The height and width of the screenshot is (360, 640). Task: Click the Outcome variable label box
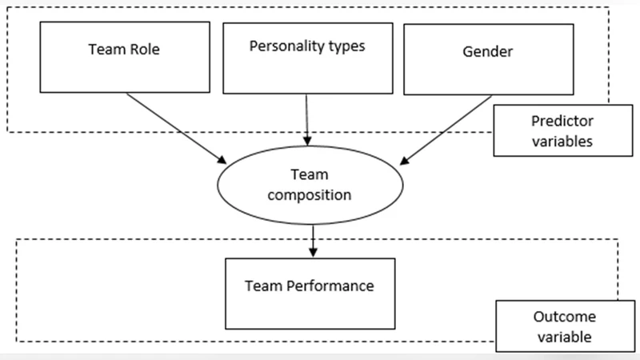(554, 326)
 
